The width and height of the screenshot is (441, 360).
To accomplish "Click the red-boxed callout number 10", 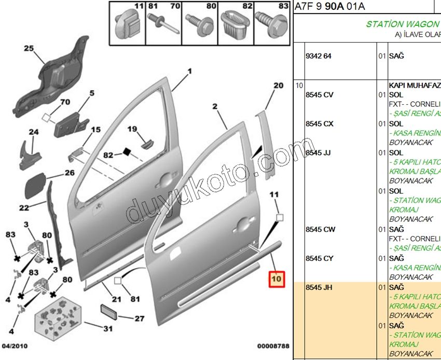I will coord(276,280).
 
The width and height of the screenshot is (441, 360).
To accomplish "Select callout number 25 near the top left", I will coord(28,49).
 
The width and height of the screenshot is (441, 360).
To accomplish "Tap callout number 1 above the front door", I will coord(189,71).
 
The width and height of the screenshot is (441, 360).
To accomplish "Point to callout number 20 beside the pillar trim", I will coord(278,85).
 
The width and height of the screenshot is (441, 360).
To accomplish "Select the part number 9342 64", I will coord(319,56).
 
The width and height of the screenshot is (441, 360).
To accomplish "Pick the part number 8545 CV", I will coord(320,95).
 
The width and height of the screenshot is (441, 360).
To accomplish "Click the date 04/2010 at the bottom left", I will coord(15,346).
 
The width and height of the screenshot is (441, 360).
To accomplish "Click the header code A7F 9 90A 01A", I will coord(330,7).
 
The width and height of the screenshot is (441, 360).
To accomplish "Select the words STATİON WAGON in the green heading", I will coord(403,24).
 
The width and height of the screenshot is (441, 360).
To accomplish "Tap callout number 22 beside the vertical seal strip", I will coord(24,208).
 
